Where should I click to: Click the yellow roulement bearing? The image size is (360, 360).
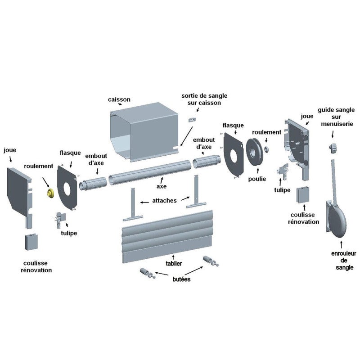(x=50, y=193)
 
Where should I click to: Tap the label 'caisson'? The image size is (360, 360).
(x=119, y=99)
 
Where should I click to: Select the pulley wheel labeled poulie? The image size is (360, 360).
(x=254, y=152)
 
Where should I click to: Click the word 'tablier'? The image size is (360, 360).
(x=174, y=263)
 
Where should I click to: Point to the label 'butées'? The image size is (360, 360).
(x=181, y=279)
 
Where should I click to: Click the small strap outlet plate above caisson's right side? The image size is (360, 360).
(x=192, y=120)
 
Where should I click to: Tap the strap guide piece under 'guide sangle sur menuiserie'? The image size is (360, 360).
(x=333, y=148)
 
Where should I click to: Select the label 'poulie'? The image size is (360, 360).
(x=257, y=179)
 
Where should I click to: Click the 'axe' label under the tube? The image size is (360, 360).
(x=162, y=186)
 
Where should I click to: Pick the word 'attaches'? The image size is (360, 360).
(x=164, y=200)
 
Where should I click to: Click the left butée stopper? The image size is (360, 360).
(x=148, y=273)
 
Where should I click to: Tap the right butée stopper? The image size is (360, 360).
(x=211, y=261)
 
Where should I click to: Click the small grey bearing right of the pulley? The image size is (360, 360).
(x=266, y=149)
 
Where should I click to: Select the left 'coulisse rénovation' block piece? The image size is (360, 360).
(x=31, y=242)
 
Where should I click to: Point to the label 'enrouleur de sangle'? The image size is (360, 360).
(x=344, y=261)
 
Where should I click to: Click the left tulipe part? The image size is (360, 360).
(x=60, y=220)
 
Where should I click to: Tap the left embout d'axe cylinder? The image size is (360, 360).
(x=93, y=184)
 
